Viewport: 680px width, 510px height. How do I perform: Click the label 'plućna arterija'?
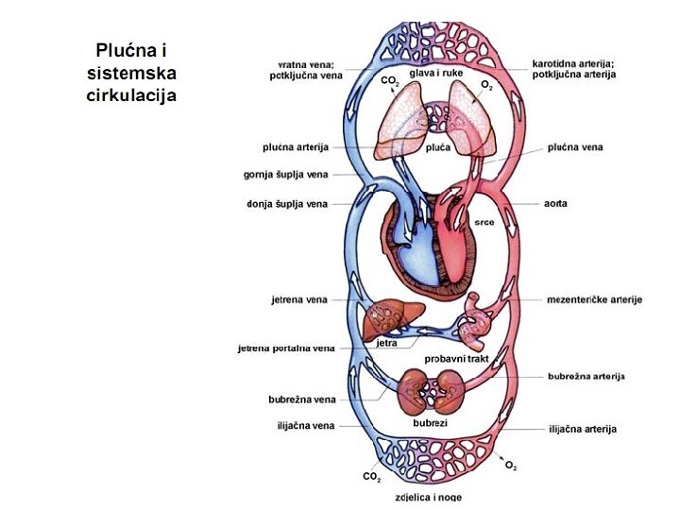pyautogui.click(x=295, y=147)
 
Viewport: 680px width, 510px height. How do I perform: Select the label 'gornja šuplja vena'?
pyautogui.click(x=286, y=175)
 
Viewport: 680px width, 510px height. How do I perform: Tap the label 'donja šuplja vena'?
pyautogui.click(x=287, y=204)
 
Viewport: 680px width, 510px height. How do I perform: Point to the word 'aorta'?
pyautogui.click(x=555, y=204)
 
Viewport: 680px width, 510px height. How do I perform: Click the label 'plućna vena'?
pyautogui.click(x=575, y=147)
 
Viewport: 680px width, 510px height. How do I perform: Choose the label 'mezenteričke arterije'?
pyautogui.click(x=594, y=299)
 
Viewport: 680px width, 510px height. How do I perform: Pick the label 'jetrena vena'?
pyautogui.click(x=299, y=299)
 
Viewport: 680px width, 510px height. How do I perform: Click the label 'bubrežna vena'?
pyautogui.click(x=301, y=399)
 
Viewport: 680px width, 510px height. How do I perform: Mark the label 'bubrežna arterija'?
pyautogui.click(x=586, y=376)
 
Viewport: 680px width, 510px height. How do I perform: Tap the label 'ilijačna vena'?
pyautogui.click(x=303, y=426)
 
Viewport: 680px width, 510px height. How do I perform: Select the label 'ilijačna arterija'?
pyautogui.click(x=582, y=429)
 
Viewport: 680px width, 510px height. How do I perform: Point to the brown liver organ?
pyautogui.click(x=384, y=316)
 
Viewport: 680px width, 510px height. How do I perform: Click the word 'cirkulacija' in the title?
pyautogui.click(x=131, y=94)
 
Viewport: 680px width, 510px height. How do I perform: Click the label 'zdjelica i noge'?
pyautogui.click(x=430, y=497)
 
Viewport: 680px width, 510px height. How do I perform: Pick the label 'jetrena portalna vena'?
pyautogui.click(x=286, y=348)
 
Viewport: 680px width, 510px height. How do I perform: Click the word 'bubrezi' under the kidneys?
pyautogui.click(x=430, y=423)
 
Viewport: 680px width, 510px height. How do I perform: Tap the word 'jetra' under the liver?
pyautogui.click(x=386, y=344)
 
